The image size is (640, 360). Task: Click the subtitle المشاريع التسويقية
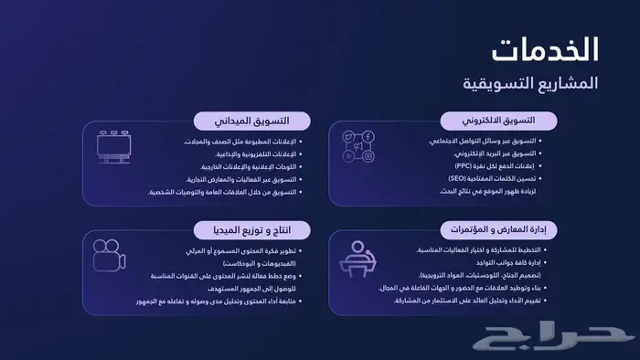(x=530, y=83)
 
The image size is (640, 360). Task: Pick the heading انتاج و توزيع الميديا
(x=251, y=228)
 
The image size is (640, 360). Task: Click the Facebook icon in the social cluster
(x=368, y=137)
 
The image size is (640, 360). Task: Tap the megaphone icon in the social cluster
(x=357, y=147)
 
